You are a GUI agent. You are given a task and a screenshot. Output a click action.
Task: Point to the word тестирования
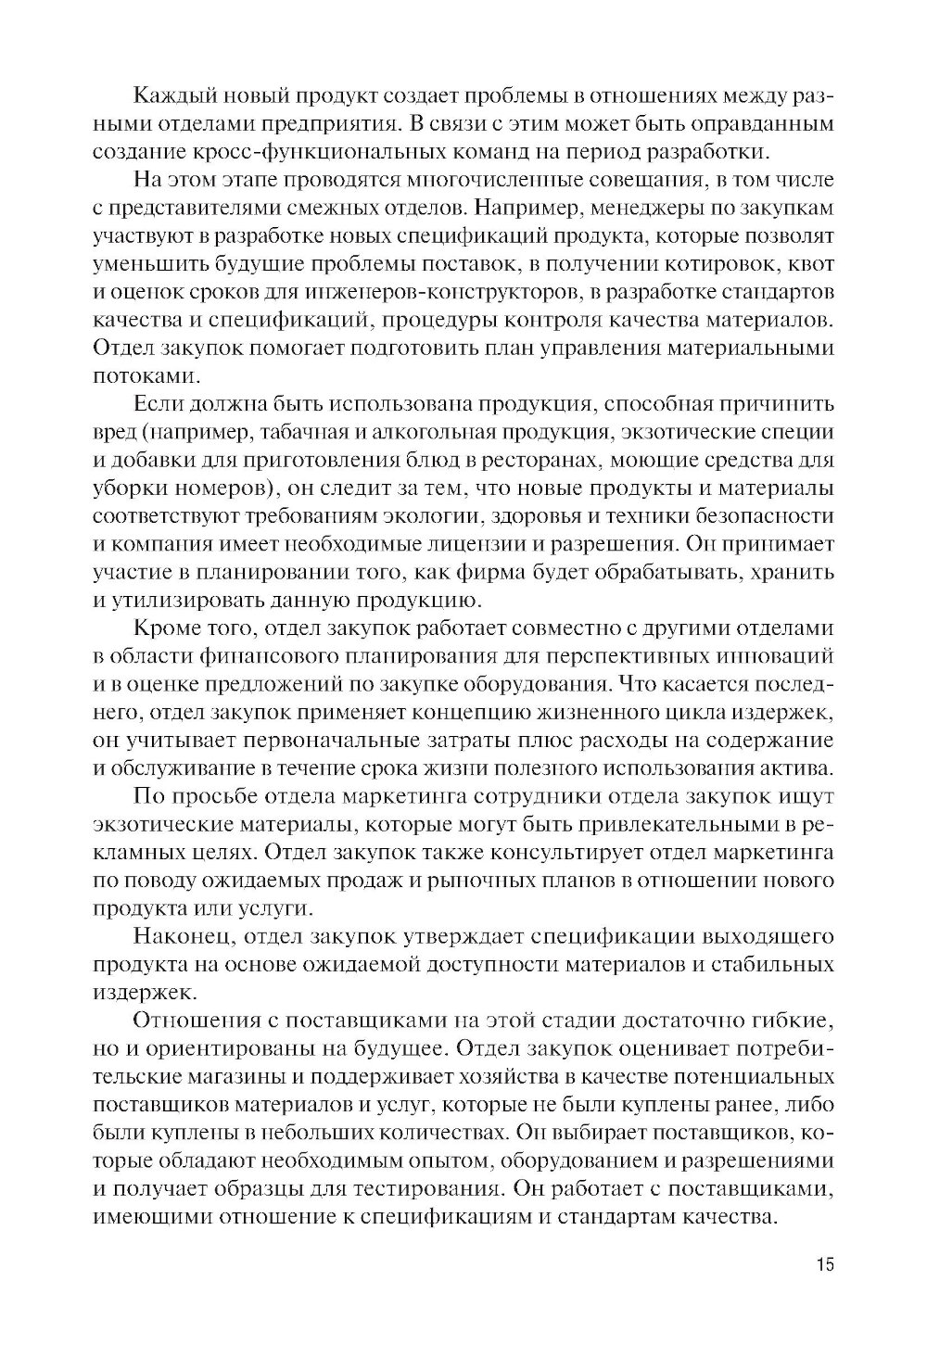(x=428, y=1188)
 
